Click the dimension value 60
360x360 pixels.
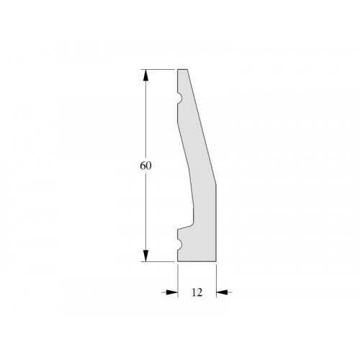pos(145,166)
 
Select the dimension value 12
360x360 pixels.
pos(197,292)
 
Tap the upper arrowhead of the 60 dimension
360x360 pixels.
pos(145,75)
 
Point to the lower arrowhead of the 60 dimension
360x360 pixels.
pos(145,256)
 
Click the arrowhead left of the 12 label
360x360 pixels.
pos(172,292)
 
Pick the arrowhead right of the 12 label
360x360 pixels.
pos(222,292)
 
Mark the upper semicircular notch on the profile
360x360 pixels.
pos(179,99)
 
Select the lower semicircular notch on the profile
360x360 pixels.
pos(179,245)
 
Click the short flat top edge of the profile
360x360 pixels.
pos(182,69)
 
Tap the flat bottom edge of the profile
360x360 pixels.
pos(197,261)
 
